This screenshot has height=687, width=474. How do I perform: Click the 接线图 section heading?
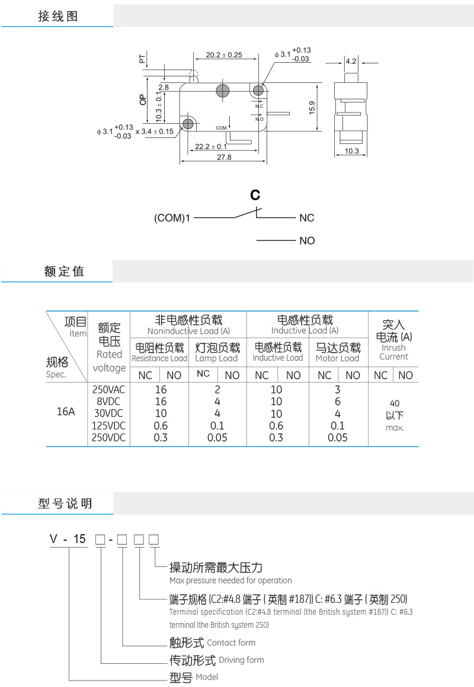[57, 17]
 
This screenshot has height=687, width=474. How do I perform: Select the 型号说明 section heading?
[65, 504]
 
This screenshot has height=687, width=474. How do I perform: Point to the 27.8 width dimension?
[225, 158]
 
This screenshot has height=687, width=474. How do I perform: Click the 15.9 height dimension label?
[312, 108]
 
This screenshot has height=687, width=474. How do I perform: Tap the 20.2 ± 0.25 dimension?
[224, 55]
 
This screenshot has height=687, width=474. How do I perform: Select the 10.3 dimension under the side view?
[351, 151]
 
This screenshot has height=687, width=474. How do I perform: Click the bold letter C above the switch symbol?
[255, 195]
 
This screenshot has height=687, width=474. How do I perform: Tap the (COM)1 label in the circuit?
[172, 218]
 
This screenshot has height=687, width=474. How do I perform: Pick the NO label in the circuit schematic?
[307, 240]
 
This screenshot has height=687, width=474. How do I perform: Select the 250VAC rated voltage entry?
[109, 390]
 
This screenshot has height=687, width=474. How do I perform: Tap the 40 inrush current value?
[395, 403]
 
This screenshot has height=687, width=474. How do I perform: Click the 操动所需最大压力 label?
[216, 568]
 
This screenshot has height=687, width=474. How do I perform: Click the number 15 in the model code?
[79, 539]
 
